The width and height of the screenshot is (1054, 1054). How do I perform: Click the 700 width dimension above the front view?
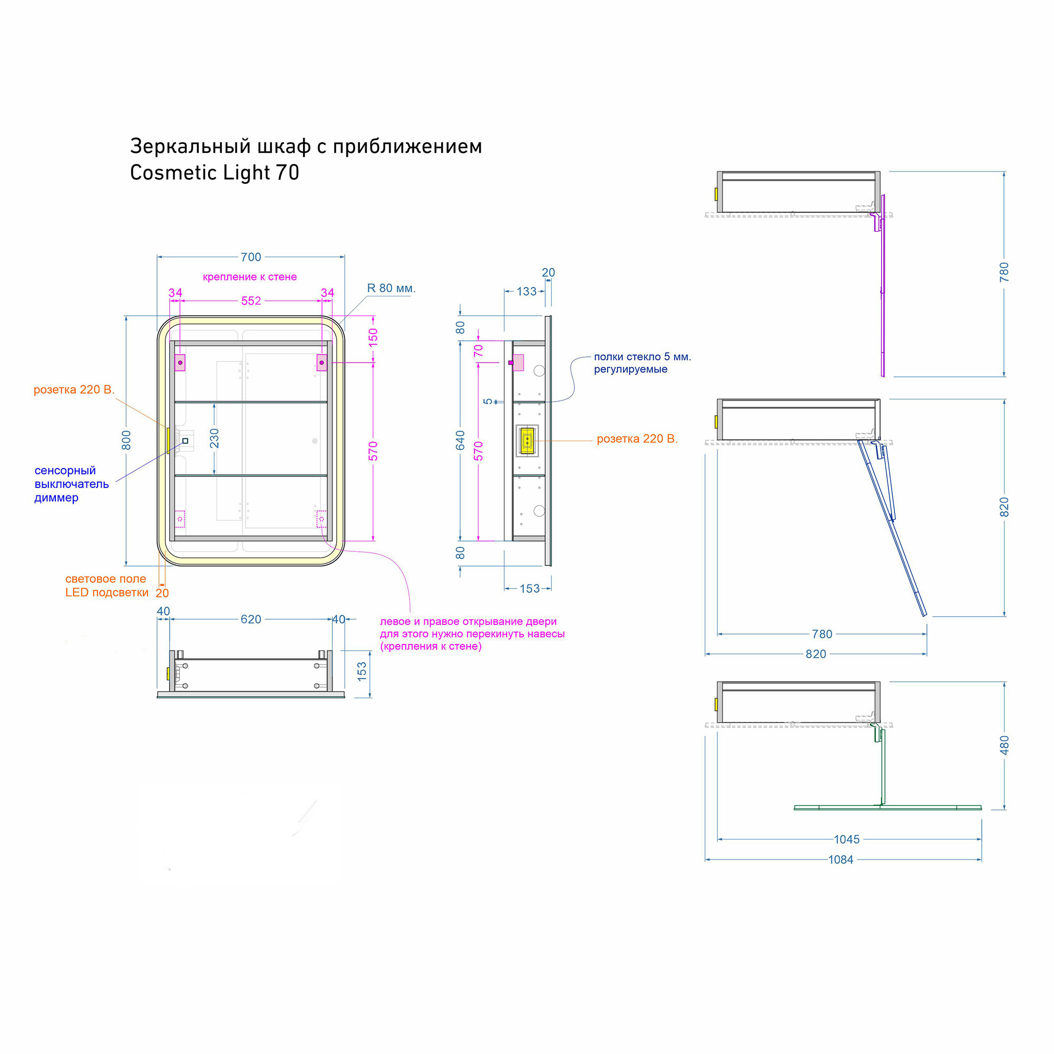click(251, 257)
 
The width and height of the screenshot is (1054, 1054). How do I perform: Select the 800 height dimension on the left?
click(126, 440)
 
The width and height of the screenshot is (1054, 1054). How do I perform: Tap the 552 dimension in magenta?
click(251, 300)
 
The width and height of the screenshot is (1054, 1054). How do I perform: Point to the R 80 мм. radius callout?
click(391, 288)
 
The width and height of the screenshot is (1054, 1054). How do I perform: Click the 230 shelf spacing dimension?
click(214, 438)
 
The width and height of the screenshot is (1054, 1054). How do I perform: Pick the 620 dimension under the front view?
click(251, 619)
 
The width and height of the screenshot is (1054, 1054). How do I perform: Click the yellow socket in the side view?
click(527, 441)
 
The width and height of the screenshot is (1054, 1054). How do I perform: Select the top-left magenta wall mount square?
click(180, 363)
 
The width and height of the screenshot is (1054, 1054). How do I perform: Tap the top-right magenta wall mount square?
click(322, 363)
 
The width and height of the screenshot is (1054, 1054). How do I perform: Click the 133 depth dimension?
click(526, 291)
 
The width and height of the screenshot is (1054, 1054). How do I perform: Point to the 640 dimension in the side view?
click(461, 440)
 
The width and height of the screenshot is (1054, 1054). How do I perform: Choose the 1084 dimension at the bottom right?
click(841, 860)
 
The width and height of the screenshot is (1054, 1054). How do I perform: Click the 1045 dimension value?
click(847, 840)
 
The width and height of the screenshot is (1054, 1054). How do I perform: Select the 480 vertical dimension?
click(1004, 745)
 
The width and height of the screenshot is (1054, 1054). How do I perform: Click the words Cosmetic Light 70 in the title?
click(214, 172)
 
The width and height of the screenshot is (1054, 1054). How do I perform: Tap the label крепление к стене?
click(250, 277)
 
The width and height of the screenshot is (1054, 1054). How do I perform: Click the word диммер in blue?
click(56, 497)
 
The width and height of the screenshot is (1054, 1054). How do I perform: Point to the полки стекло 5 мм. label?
click(642, 357)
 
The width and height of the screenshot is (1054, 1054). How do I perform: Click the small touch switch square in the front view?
click(185, 441)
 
